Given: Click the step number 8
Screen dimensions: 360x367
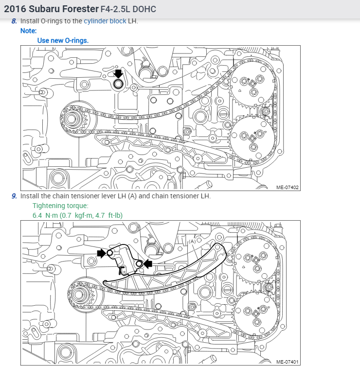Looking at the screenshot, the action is coord(14,21).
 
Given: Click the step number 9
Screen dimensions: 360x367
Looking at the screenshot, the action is coord(14,196).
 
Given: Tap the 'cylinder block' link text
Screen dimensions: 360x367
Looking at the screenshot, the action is coord(105,21).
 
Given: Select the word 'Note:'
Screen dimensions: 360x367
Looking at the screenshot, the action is coord(29,31).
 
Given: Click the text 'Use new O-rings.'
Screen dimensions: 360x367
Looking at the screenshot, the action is coord(63,40).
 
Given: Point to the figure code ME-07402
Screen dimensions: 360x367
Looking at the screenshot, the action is coord(288,187).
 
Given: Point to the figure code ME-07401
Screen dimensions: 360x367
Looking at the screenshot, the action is coord(288,362).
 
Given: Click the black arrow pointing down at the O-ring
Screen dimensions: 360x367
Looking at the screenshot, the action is coord(118,74).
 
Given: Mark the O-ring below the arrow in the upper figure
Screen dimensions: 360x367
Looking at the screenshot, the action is coord(118,84).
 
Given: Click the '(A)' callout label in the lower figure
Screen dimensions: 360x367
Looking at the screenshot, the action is coord(192,242).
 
